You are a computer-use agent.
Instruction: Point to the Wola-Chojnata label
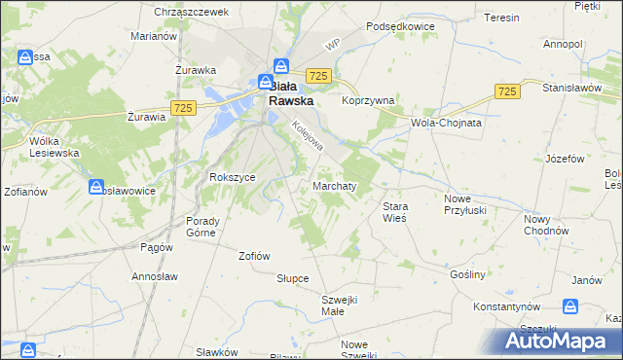click(447, 124)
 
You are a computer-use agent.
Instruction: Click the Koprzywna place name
click(367, 100)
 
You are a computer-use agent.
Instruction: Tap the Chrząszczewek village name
click(191, 12)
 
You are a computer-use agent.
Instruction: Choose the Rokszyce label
click(232, 177)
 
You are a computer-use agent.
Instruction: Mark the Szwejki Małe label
click(341, 306)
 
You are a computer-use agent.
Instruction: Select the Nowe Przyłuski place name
click(463, 204)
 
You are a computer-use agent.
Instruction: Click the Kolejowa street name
click(308, 140)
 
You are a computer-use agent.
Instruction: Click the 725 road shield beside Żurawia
click(181, 106)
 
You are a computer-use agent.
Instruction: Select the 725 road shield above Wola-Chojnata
click(505, 90)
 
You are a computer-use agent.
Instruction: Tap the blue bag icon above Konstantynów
click(571, 306)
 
